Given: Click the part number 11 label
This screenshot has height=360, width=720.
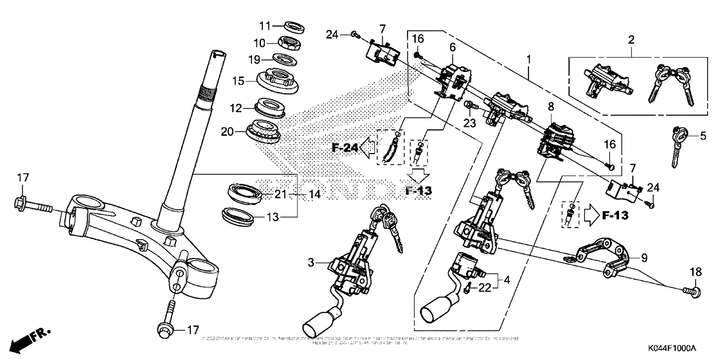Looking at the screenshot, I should pos(265,26).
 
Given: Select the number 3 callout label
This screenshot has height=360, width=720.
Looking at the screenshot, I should pos(310,262).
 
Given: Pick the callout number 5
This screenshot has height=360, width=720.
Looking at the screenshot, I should pos(703,136).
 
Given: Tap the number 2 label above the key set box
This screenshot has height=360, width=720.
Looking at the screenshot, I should pos(631,40).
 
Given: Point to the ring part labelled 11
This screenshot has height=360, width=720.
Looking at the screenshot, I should pos(294,27).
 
